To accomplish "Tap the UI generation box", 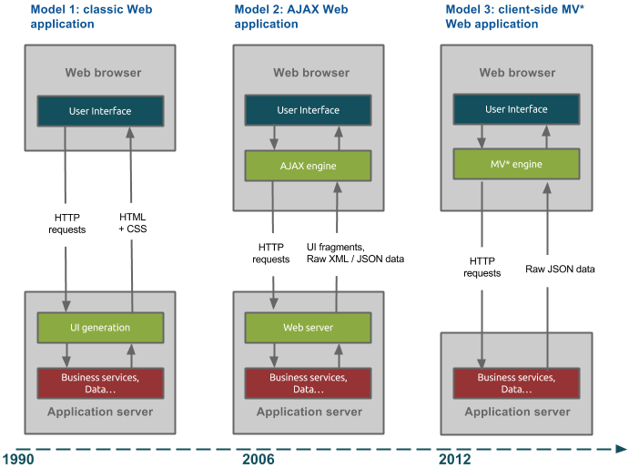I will tap(100, 327).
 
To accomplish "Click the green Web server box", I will tap(309, 327).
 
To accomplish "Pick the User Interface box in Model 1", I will tap(100, 112).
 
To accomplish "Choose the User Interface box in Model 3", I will tap(516, 110).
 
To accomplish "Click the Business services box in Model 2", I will tap(309, 382).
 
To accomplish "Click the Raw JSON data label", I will tap(560, 270).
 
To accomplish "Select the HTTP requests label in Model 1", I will tap(66, 223).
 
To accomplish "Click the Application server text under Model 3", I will tap(517, 412).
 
